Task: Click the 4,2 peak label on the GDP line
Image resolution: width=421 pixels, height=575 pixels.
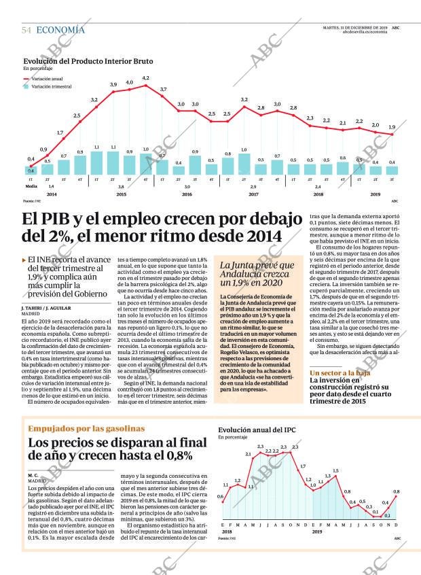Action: [145, 78]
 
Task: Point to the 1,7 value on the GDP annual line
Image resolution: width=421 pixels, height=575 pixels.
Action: [60, 133]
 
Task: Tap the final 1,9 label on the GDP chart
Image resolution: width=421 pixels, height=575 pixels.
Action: [392, 127]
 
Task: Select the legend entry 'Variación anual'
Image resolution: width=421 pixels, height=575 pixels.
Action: [48, 79]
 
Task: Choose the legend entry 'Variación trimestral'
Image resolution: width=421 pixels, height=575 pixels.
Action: [51, 86]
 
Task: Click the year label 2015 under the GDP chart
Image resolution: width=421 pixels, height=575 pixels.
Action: [121, 194]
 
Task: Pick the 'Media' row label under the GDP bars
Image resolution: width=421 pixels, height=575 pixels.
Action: [31, 186]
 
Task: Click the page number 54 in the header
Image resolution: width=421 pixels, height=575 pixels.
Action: [26, 30]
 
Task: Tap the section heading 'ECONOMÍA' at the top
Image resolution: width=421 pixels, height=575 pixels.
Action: [60, 30]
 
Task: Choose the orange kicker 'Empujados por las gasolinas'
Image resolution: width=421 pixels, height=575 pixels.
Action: [86, 429]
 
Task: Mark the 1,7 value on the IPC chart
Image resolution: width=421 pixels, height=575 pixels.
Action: [303, 466]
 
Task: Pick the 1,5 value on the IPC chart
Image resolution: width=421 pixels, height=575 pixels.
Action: [335, 470]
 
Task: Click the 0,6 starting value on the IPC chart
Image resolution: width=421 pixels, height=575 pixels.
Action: [221, 497]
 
